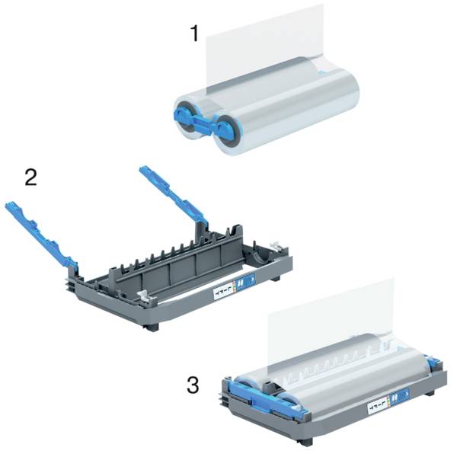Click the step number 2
click(31, 177)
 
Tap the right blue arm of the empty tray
click(171, 193)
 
